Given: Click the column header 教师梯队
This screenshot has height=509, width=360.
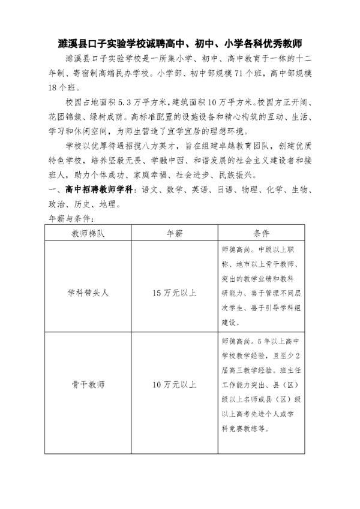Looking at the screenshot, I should [88, 233].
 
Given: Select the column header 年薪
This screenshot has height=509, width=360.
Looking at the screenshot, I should [174, 233].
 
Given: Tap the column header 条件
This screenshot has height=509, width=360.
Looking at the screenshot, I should [260, 233].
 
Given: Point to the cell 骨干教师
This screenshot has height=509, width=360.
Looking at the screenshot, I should [88, 384].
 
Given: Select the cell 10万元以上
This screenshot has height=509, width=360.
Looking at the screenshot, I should [174, 384].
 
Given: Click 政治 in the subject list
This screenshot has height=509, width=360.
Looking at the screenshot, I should [55, 204].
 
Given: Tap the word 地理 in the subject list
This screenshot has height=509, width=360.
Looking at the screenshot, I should [107, 204].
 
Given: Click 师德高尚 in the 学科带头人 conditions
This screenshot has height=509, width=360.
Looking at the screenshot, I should [234, 248].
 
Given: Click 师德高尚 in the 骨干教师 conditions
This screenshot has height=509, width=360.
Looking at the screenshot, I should [234, 341].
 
